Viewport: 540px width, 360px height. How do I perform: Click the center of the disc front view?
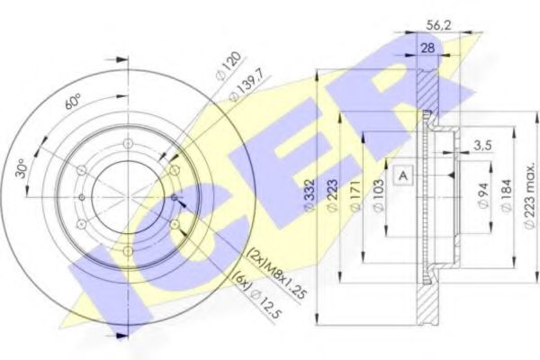(126, 196)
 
